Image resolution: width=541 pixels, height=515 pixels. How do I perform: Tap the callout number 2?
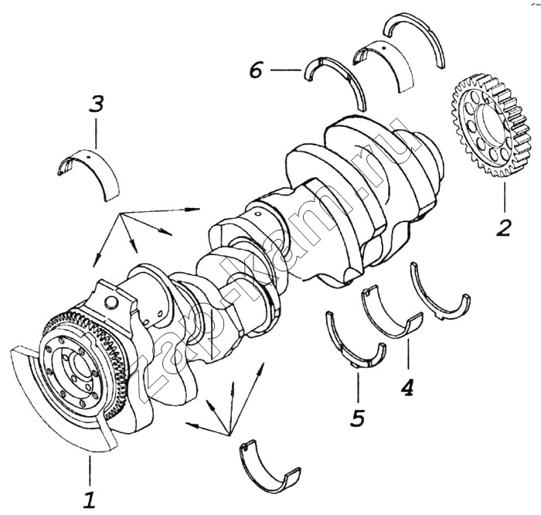[x=503, y=227]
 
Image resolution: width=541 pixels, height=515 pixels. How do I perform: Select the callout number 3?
[x=96, y=104]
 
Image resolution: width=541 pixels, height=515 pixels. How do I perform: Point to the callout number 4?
[x=407, y=386]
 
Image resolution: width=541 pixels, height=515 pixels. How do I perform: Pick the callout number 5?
[x=357, y=418]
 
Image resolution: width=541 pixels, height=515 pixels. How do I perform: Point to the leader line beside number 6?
[x=285, y=71]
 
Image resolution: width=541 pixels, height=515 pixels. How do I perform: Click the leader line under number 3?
[x=96, y=132]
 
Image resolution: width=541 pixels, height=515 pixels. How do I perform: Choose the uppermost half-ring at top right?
[x=418, y=34]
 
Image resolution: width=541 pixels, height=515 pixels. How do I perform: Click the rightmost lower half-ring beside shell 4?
[x=439, y=298]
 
